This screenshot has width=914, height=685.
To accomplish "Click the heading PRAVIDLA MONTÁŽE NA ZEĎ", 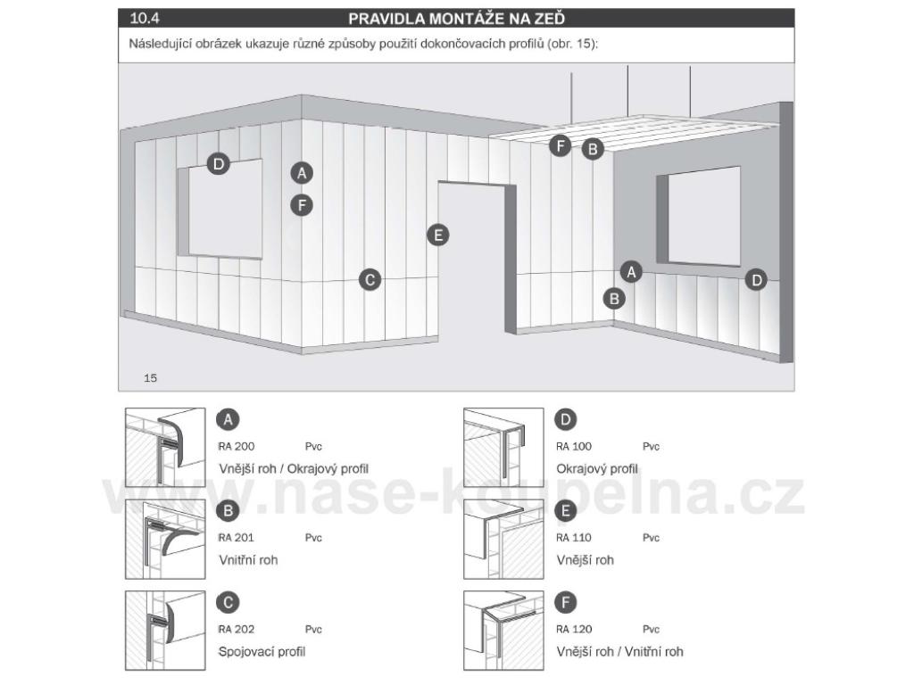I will coord(456,18).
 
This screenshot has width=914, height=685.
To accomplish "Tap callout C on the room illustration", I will coord(370,279).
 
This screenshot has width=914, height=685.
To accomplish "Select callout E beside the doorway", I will coord(437,235).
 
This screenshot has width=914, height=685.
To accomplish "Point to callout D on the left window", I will coord(218,163).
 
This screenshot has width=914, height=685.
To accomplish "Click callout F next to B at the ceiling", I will coord(561,146).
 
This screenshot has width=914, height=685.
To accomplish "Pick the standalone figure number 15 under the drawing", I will coord(150,378).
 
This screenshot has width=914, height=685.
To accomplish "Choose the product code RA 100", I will coord(574,446).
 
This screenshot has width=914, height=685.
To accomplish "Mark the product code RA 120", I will coord(574,629).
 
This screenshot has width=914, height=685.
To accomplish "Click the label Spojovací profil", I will coord(262,652).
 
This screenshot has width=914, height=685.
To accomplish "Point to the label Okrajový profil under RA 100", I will coord(596,469).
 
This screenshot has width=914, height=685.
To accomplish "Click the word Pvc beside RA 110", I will coord(651,538).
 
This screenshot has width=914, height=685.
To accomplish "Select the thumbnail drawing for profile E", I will coord(503,540).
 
